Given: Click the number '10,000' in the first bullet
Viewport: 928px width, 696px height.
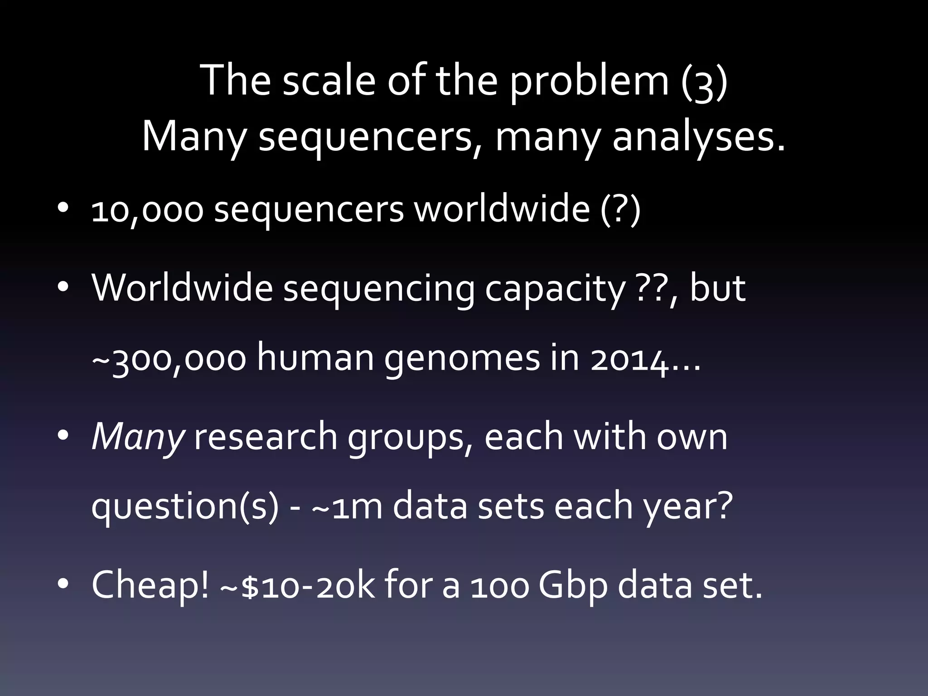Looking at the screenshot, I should point(147,211).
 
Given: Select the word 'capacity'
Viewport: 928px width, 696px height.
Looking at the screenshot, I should point(555,289).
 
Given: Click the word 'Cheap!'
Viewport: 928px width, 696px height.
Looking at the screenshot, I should point(150,585).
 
